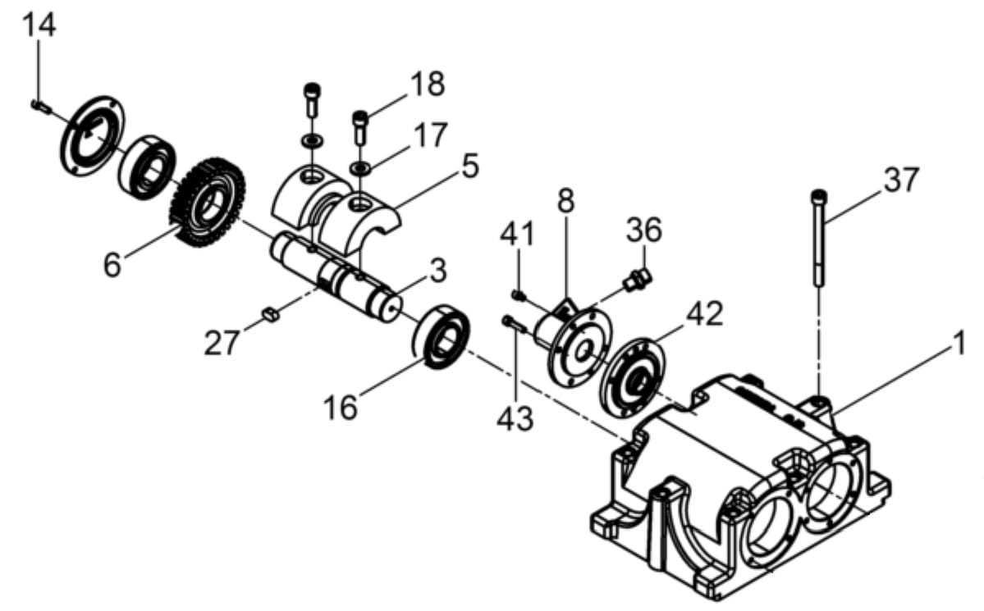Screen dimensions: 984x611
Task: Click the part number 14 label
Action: click(x=39, y=25)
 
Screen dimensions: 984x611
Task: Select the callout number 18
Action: click(x=428, y=84)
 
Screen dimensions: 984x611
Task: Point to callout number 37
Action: click(x=901, y=180)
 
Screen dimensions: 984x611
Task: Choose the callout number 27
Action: click(x=222, y=343)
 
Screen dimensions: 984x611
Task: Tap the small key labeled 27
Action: click(x=270, y=313)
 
